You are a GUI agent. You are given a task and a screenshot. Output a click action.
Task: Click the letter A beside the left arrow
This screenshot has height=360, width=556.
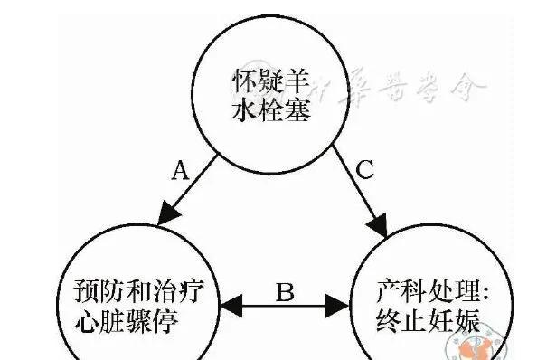(x=179, y=170)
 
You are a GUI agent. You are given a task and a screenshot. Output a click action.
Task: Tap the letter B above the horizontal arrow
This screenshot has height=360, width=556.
(x=284, y=291)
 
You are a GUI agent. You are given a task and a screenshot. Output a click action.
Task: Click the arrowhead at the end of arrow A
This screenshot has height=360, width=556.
(x=165, y=216)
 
